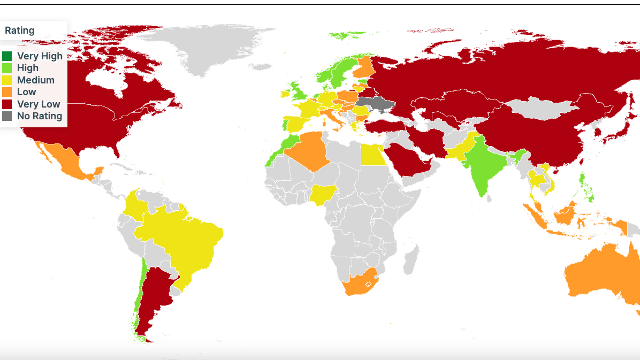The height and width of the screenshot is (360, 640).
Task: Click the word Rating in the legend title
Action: pyautogui.click(x=20, y=30)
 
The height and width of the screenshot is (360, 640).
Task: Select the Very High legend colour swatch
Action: pyautogui.click(x=7, y=56)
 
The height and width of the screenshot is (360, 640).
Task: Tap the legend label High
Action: pyautogui.click(x=28, y=68)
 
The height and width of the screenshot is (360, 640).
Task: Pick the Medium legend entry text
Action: pyautogui.click(x=36, y=80)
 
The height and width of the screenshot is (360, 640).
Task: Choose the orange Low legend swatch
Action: pyautogui.click(x=7, y=92)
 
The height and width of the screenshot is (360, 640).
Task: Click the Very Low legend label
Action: pyautogui.click(x=39, y=104)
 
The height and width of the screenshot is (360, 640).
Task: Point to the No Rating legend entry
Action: pyautogui.click(x=40, y=116)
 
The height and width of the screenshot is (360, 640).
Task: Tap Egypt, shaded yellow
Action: pyautogui.click(x=374, y=155)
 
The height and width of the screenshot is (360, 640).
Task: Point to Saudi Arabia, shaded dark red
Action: pyautogui.click(x=409, y=160)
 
